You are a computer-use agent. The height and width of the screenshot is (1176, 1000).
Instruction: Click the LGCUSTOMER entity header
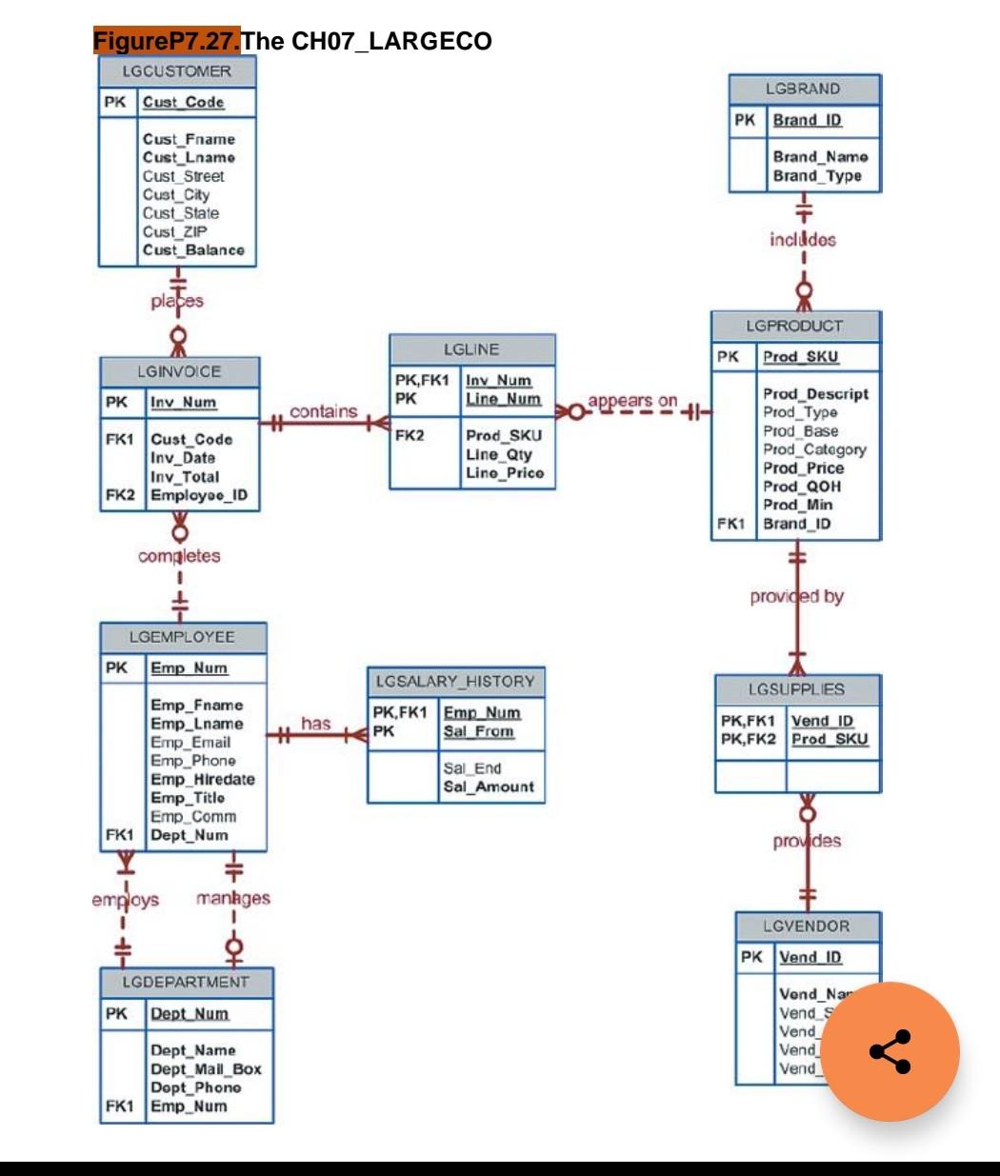pos(177,71)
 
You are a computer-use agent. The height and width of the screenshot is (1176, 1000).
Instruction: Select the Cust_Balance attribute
pos(193,250)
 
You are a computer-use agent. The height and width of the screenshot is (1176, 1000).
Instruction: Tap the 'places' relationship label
pos(177,301)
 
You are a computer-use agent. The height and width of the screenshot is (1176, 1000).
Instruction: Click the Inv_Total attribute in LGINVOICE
pos(185,476)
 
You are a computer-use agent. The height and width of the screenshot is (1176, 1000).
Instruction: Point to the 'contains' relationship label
pos(324,411)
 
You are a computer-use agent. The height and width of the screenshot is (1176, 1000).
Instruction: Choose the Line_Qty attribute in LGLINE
pos(499,454)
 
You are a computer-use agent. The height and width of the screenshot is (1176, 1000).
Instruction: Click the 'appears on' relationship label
pos(632,401)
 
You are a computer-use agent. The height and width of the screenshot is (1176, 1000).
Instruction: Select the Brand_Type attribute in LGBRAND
pos(817,176)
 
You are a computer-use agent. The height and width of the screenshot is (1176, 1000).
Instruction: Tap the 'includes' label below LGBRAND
pos(803,240)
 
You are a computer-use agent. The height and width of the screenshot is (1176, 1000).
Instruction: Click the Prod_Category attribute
pos(814,449)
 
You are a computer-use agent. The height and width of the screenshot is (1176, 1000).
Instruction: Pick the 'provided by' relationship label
pos(797,597)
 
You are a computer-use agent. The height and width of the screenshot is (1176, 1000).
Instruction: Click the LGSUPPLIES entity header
pos(797,689)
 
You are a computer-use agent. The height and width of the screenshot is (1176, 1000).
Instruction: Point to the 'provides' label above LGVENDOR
pos(807,841)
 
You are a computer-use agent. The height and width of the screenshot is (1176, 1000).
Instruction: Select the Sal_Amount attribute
pos(489,787)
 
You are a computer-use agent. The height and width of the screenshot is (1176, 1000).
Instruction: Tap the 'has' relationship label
pos(315,724)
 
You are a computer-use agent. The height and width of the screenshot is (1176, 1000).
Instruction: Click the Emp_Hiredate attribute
pos(203,779)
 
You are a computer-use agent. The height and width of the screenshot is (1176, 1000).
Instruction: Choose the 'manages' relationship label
pos(233,898)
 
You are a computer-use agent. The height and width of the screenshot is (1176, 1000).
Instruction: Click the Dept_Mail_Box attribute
pos(206,1068)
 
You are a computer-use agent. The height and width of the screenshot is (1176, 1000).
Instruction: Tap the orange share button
pos(890,1052)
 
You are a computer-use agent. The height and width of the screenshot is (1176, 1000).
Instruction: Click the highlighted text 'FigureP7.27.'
pos(167,41)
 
